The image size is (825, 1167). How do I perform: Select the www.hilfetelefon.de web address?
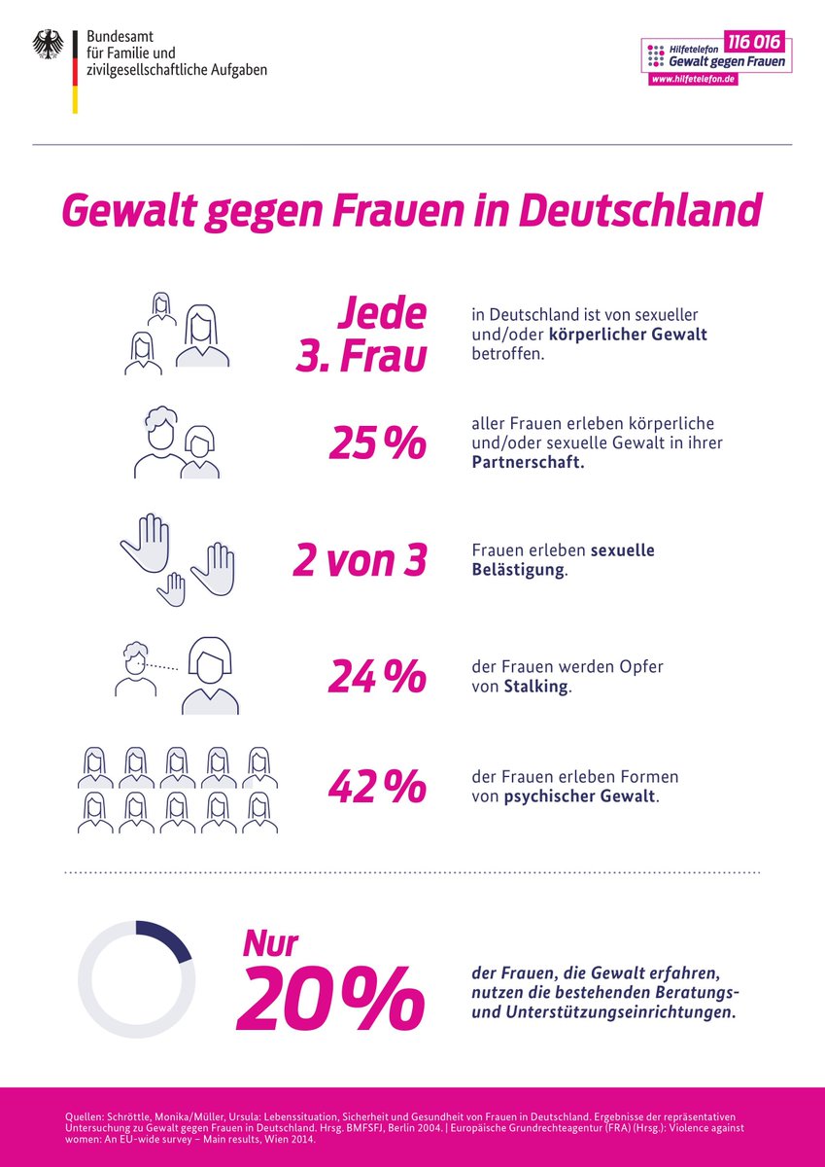coord(693,79)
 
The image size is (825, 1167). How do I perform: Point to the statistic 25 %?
coord(377,443)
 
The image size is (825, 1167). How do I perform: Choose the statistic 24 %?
coord(377,677)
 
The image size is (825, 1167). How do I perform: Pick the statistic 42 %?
coord(377,789)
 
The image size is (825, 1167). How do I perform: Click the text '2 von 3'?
coord(360,561)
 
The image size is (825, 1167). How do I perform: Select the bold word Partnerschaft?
coord(529,463)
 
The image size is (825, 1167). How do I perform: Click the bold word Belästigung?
coord(517,570)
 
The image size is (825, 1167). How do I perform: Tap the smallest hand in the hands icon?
coord(172,589)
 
